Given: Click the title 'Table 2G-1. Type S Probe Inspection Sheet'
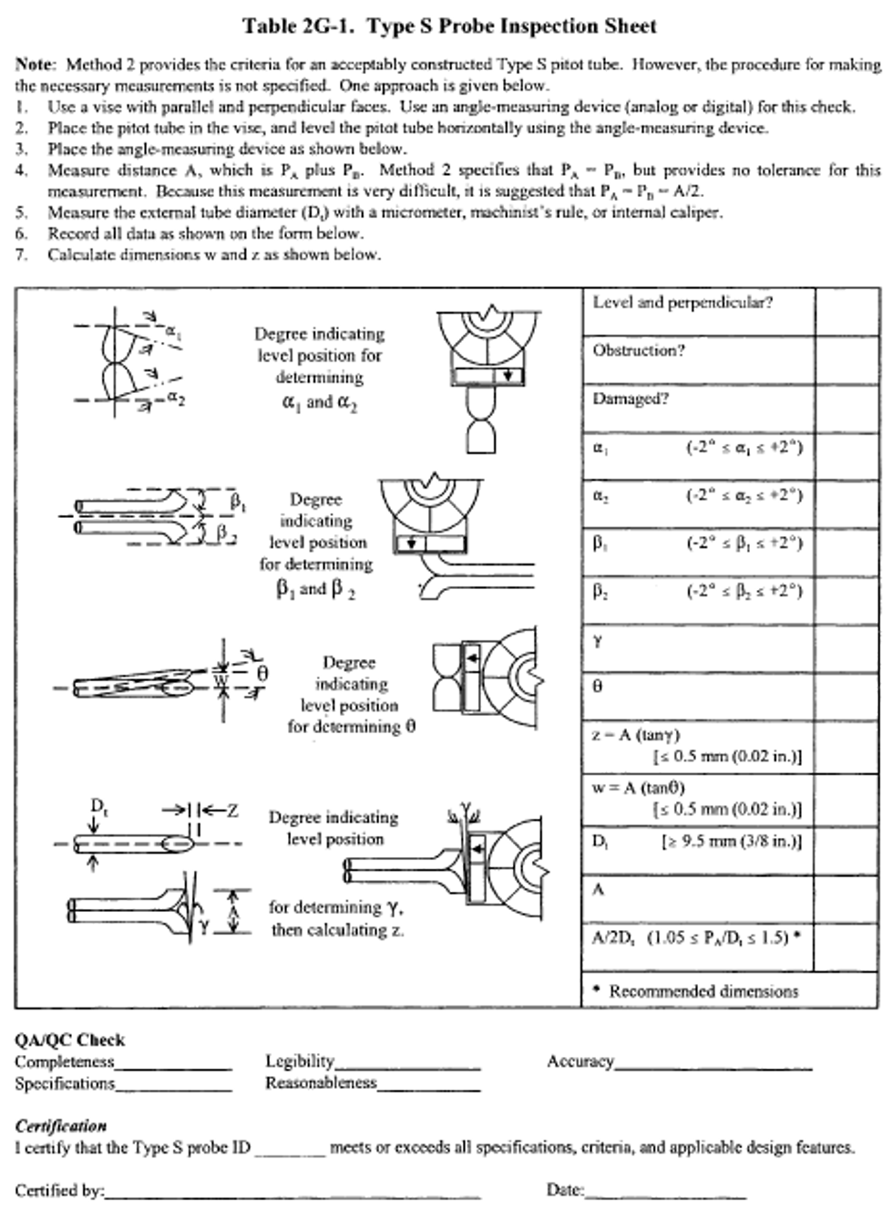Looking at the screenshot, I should click(448, 26).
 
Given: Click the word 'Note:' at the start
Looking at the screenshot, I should click(36, 65).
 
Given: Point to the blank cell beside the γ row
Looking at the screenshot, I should click(847, 649).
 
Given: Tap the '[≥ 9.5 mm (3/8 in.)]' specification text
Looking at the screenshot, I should click(731, 842).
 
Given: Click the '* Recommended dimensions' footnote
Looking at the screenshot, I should click(696, 991).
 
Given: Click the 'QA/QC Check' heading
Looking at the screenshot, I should click(69, 1040).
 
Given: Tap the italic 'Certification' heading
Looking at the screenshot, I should click(60, 1126).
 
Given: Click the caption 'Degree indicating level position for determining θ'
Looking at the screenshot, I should click(350, 695).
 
